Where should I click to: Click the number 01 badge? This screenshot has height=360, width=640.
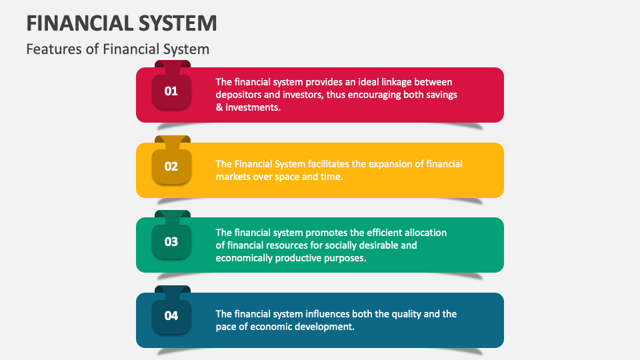pos(171,91)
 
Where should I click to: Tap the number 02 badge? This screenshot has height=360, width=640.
pos(171,166)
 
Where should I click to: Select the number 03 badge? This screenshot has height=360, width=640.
pos(171,241)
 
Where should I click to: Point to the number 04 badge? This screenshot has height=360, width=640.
pos(171,316)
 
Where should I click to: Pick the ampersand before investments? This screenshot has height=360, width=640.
pos(219,107)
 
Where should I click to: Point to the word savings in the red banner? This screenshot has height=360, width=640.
pos(440,95)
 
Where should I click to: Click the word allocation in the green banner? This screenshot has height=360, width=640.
pos(424,233)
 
